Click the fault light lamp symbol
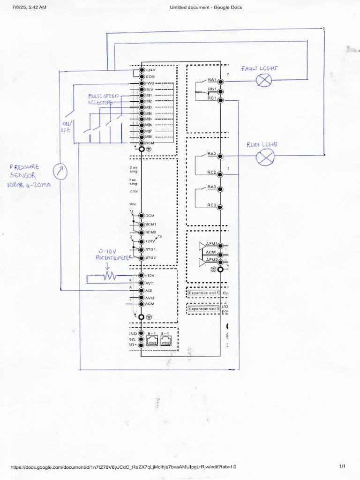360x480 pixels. (x=263, y=81)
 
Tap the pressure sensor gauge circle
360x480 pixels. (x=60, y=172)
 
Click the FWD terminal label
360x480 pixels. (x=150, y=83)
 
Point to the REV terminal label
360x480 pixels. (x=150, y=89)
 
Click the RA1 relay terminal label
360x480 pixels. (x=212, y=80)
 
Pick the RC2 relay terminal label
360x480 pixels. (x=212, y=172)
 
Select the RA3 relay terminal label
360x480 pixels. (x=212, y=187)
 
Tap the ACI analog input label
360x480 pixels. (x=149, y=291)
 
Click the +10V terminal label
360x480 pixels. (x=150, y=275)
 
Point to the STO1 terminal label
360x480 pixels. (x=150, y=249)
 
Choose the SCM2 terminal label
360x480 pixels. (x=150, y=232)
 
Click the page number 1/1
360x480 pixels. (x=342, y=466)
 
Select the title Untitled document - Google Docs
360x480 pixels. (x=206, y=7)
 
